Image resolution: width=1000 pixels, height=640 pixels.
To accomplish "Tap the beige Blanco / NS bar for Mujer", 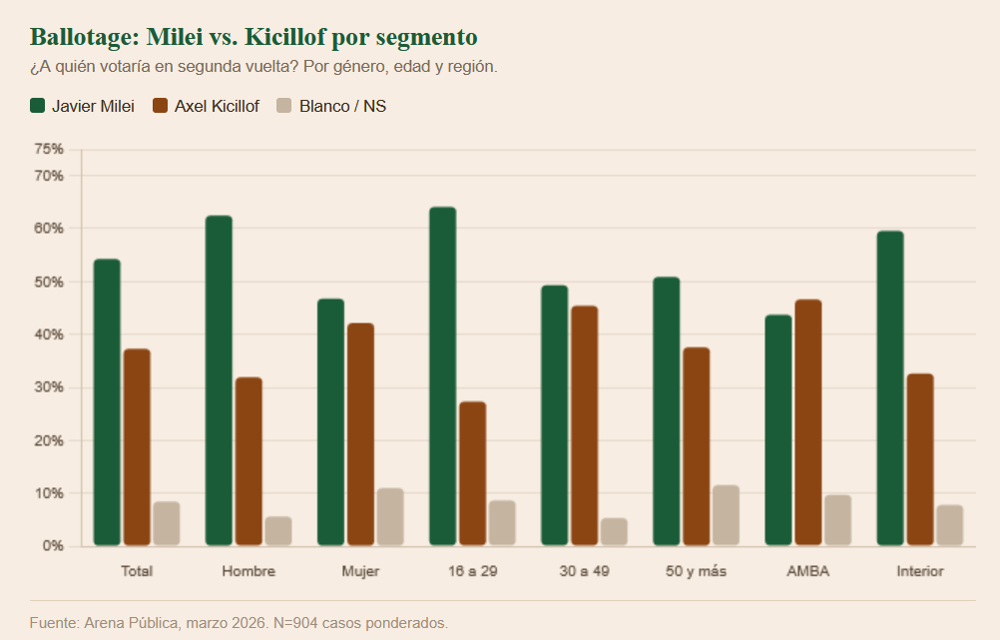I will [390, 517].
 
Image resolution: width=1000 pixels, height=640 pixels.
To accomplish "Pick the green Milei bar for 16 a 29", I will [442, 376].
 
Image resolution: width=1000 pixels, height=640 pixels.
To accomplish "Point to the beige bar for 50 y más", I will [726, 515].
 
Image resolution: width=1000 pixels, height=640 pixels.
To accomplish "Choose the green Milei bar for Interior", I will [889, 388].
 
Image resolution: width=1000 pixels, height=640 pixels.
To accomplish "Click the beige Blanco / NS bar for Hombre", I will [278, 531].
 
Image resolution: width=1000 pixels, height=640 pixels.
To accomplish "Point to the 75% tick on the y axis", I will [49, 149].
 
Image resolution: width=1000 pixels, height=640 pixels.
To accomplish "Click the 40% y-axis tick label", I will [49, 334].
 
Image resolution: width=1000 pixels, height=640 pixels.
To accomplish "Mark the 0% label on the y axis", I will [53, 546].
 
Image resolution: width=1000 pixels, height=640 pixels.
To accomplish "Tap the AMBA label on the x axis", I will [807, 571].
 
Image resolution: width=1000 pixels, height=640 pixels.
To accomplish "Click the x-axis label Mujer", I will [360, 571].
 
